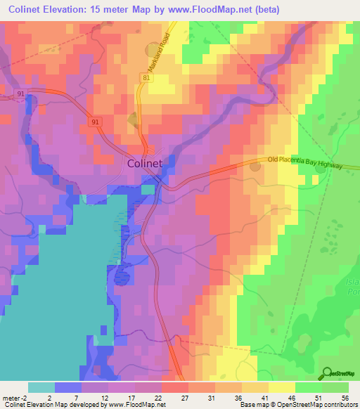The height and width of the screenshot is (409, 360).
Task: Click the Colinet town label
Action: tap(146, 163)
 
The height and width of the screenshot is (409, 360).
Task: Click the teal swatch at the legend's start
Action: tap(41, 387)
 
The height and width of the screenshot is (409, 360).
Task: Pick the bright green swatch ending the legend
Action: tap(335, 387)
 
